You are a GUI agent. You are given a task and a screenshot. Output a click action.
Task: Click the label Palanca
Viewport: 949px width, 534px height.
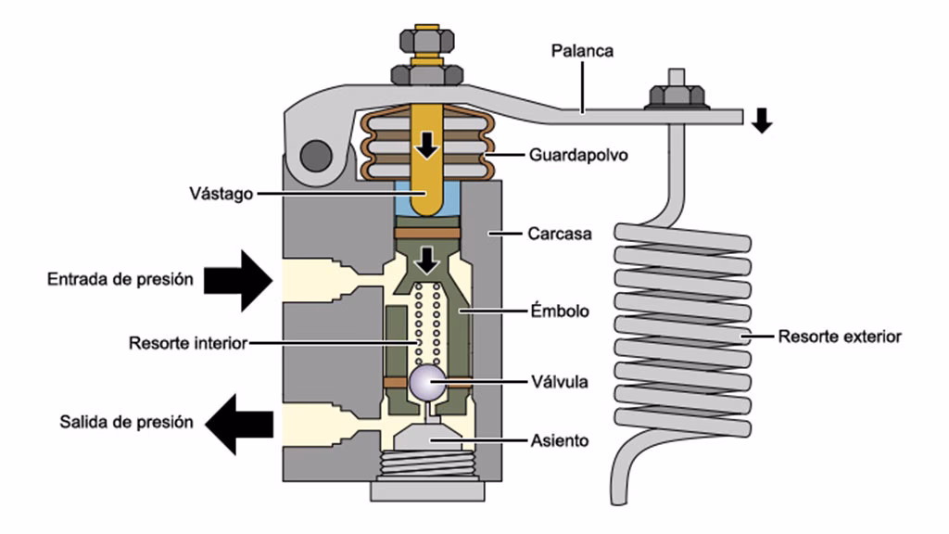581,51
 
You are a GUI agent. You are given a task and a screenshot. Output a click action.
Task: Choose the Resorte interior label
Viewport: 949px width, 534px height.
188,344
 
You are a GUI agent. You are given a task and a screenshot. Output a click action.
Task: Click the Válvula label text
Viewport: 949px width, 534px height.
558,380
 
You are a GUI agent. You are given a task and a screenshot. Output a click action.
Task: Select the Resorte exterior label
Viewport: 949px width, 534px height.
839,337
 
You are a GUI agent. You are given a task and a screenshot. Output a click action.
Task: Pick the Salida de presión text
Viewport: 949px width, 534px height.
126,422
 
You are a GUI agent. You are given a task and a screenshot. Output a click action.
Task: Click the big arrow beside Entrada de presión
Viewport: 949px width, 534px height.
238,279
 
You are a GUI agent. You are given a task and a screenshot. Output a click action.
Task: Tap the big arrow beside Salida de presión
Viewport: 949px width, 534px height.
238,424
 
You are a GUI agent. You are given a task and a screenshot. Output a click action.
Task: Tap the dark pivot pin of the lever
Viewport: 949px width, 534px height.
315,152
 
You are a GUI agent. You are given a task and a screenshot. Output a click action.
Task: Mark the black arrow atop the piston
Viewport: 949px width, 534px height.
426,261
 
